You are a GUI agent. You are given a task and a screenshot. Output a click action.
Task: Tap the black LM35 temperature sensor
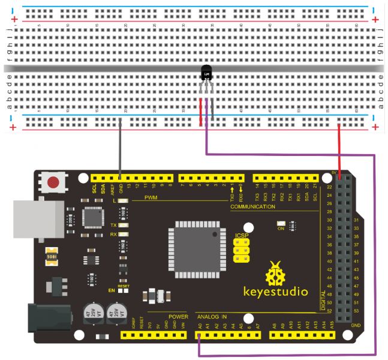(206, 73)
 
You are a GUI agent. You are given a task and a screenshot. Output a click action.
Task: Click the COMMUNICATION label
(253, 207)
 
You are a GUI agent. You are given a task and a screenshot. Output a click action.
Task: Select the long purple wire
(375, 252)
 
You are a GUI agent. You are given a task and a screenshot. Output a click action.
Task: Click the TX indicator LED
(123, 225)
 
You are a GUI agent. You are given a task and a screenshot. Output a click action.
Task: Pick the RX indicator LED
(123, 235)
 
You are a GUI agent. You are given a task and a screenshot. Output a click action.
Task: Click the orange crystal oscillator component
(52, 256)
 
